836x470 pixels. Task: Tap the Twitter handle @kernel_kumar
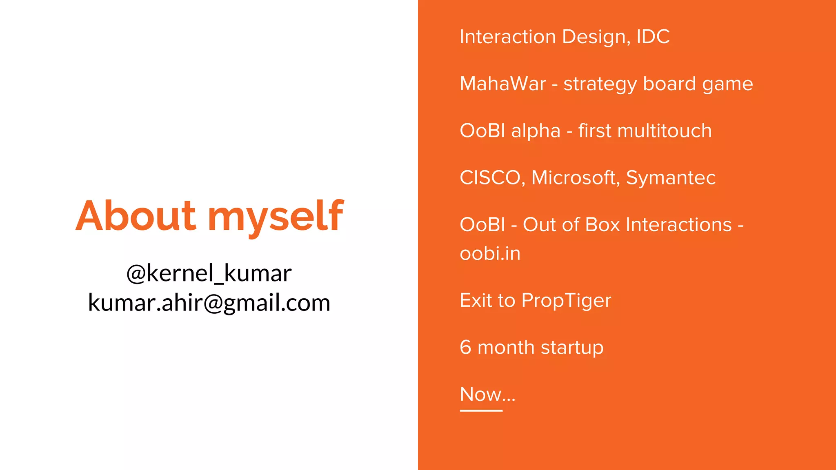pyautogui.click(x=209, y=273)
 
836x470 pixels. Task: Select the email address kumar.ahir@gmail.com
pyautogui.click(x=209, y=303)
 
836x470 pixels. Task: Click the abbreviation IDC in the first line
pyautogui.click(x=653, y=37)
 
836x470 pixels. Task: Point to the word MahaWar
pyautogui.click(x=502, y=84)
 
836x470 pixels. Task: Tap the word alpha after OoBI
pyautogui.click(x=536, y=131)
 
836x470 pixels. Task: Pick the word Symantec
pyautogui.click(x=671, y=178)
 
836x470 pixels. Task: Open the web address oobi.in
pyautogui.click(x=490, y=254)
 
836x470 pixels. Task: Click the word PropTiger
pyautogui.click(x=566, y=301)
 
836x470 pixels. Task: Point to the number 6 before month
pyautogui.click(x=465, y=348)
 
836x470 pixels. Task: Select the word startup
pyautogui.click(x=572, y=348)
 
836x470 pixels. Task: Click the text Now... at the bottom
pyautogui.click(x=487, y=395)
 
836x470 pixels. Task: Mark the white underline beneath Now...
pyautogui.click(x=481, y=410)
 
